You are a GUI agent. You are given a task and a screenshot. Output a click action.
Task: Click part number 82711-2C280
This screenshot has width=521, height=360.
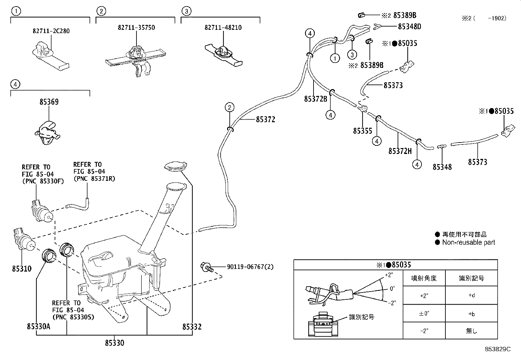[51, 31]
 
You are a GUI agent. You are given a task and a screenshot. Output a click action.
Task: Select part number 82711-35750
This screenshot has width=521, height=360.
[136, 28]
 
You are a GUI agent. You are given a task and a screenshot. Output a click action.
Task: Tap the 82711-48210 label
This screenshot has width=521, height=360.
[223, 28]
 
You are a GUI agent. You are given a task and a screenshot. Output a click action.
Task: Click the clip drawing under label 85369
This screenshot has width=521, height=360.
[47, 133]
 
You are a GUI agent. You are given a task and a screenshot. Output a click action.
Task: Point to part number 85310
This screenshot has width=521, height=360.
[22, 269]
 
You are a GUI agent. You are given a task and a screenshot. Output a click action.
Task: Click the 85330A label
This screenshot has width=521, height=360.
[38, 327]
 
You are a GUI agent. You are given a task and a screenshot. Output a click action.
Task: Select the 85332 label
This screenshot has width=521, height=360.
[192, 327]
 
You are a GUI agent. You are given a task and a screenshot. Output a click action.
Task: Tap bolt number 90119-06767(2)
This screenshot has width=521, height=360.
[250, 267]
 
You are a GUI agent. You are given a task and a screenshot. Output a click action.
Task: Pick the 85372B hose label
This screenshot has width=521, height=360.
[315, 99]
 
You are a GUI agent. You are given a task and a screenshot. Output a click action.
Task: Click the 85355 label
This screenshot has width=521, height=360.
[363, 131]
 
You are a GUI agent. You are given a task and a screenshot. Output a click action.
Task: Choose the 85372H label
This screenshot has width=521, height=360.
[400, 151]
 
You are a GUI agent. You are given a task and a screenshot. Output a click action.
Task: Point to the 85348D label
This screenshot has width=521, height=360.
[410, 27]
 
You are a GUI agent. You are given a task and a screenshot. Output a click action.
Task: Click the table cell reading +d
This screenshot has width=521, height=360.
[472, 295]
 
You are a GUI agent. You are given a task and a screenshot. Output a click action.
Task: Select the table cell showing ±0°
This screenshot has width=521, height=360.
[424, 313]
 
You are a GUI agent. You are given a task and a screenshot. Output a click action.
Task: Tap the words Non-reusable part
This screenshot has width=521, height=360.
[468, 242]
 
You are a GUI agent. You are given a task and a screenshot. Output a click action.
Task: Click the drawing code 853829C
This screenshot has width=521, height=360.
[498, 349]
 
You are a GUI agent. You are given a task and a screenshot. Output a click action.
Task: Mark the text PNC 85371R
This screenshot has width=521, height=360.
[95, 179]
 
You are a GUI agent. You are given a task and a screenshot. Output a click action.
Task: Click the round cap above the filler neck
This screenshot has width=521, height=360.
[176, 166]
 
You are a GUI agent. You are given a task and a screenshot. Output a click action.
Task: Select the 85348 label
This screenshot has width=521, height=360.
[442, 167]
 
